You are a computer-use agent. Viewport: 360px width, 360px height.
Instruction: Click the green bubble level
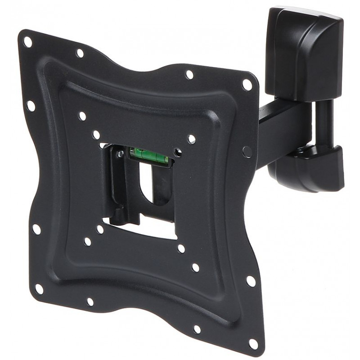click(x=149, y=155)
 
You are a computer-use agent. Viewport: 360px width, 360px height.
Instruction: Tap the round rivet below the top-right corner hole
click(x=247, y=151)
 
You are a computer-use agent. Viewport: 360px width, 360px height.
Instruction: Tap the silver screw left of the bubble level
click(x=121, y=154)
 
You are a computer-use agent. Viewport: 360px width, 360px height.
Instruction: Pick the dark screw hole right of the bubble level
click(x=179, y=153)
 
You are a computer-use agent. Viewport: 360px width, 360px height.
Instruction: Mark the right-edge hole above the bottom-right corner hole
click(x=251, y=281)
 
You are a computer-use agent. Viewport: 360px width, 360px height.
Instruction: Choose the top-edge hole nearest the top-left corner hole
click(x=80, y=53)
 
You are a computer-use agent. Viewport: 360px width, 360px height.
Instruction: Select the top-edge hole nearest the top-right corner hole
click(x=189, y=74)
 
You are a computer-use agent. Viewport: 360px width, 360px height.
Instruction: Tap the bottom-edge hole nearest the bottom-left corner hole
click(x=90, y=301)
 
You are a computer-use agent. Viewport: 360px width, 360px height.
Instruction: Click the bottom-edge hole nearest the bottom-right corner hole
click(x=197, y=329)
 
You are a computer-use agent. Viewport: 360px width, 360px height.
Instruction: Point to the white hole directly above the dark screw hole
click(x=192, y=139)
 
